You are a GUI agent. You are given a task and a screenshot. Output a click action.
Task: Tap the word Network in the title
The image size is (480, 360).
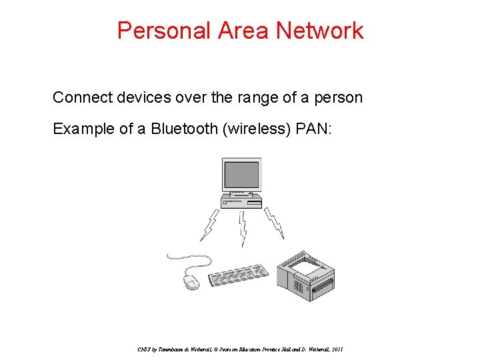pyautogui.click(x=321, y=31)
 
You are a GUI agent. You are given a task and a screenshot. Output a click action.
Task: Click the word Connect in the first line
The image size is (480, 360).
pyautogui.click(x=81, y=97)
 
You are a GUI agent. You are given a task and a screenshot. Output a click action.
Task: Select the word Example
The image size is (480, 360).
pyautogui.click(x=84, y=129)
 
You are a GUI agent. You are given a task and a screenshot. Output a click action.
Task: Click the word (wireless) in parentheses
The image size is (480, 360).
pyautogui.click(x=253, y=129)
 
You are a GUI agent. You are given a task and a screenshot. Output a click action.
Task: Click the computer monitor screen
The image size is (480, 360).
pyautogui.click(x=241, y=173)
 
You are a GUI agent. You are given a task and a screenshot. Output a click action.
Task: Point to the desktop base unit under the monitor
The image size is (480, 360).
pyautogui.click(x=241, y=201)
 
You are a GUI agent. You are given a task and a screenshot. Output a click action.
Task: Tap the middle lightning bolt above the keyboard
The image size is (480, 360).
pyautogui.click(x=243, y=228)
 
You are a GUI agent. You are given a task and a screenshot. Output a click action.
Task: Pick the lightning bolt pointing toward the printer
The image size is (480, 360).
pyautogui.click(x=274, y=223)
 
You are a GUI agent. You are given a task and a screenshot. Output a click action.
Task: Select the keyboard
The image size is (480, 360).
pyautogui.click(x=239, y=275)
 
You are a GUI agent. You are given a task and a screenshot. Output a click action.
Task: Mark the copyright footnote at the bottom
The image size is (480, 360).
pyautogui.click(x=240, y=349)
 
